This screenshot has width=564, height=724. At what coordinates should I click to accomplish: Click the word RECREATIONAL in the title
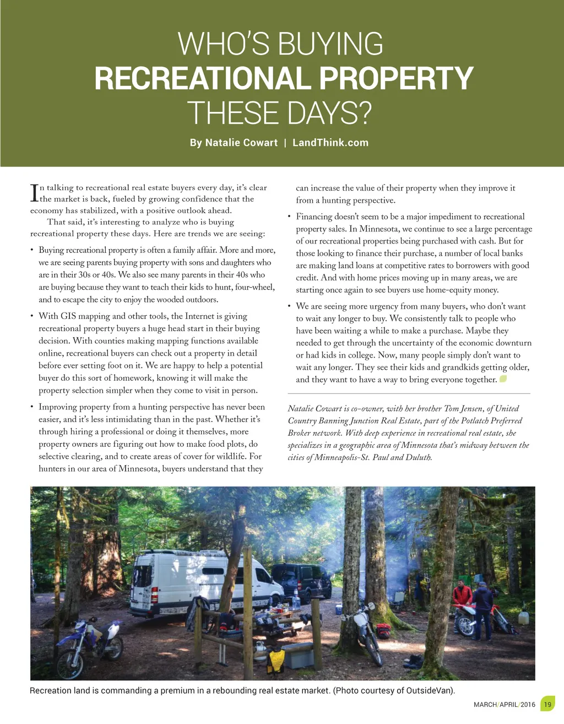click(x=203, y=79)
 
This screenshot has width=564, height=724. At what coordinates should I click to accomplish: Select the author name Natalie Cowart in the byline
click(x=234, y=143)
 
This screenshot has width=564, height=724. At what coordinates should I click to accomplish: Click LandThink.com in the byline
click(x=330, y=143)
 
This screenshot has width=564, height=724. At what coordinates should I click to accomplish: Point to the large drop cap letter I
click(x=34, y=193)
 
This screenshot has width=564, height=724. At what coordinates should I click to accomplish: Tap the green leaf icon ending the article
click(x=503, y=379)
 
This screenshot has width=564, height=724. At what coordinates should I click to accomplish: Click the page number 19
click(x=547, y=704)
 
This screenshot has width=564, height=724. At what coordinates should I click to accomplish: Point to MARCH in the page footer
click(x=485, y=705)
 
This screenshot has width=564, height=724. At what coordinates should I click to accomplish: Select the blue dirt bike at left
click(x=91, y=642)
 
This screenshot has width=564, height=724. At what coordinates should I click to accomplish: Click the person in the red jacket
click(x=462, y=598)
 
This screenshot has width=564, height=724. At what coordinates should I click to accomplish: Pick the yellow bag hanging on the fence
click(x=276, y=660)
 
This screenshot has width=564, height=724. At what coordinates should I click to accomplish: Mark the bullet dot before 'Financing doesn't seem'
click(x=289, y=217)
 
